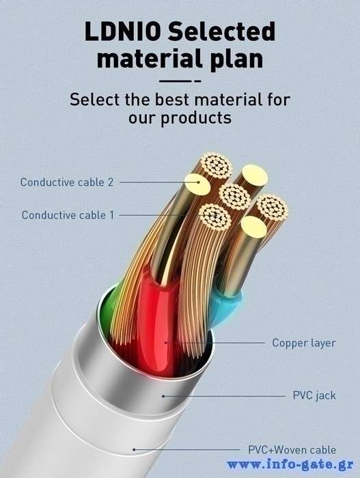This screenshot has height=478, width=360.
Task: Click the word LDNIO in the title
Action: pyautogui.click(x=123, y=31)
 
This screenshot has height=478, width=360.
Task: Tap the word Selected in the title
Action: pyautogui.click(x=221, y=31)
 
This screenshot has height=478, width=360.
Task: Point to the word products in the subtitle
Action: pyautogui.click(x=196, y=118)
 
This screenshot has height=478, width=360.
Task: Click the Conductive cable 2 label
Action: pyautogui.click(x=67, y=182)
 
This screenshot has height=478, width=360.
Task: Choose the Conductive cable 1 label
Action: pyautogui.click(x=68, y=215)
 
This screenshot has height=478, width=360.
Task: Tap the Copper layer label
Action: pyautogui.click(x=304, y=343)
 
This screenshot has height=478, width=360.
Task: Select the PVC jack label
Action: pyautogui.click(x=314, y=395)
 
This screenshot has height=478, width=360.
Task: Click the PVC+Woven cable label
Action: pyautogui.click(x=292, y=449)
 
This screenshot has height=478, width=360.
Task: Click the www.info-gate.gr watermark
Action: pyautogui.click(x=290, y=465)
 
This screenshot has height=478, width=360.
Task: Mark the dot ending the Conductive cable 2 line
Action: pyautogui.click(x=198, y=182)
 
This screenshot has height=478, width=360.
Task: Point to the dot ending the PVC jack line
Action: pyautogui.click(x=163, y=396)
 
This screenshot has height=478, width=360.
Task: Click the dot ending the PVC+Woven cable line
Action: pyautogui.click(x=134, y=449)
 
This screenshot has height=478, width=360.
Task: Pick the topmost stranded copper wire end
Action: pyautogui.click(x=217, y=165)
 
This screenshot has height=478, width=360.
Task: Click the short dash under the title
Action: pyautogui.click(x=197, y=81)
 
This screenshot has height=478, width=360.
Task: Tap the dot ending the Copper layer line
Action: pyautogui.click(x=166, y=343)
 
